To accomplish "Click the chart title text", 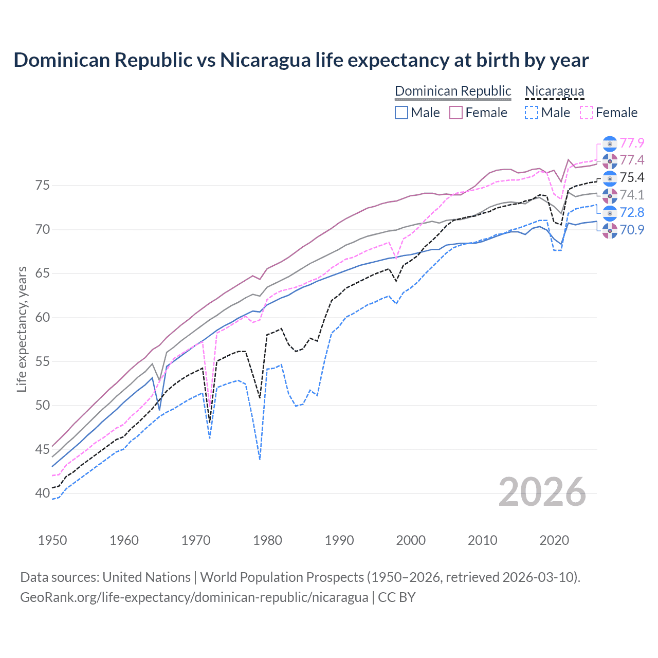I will click(301, 60).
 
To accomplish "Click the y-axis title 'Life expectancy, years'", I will click(22, 329).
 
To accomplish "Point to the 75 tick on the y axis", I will click(43, 185).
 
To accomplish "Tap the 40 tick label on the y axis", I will click(43, 493).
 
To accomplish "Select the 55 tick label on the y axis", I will click(43, 361).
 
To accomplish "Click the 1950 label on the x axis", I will click(52, 540).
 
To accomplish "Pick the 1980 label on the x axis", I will click(267, 540).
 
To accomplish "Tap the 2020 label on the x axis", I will click(554, 540).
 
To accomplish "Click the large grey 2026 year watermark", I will click(542, 492).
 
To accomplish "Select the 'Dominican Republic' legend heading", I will click(452, 91).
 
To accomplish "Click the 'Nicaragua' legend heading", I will click(554, 91).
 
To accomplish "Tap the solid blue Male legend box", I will click(401, 113).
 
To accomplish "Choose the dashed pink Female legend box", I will click(586, 113).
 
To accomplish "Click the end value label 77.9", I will click(632, 143).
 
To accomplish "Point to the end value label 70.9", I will click(632, 230).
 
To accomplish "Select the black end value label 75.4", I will click(632, 177).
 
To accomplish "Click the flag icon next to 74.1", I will click(610, 195).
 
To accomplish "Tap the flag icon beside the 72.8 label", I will click(610, 213).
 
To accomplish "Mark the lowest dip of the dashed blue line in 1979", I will click(260, 459).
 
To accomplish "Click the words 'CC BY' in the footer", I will click(396, 597).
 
